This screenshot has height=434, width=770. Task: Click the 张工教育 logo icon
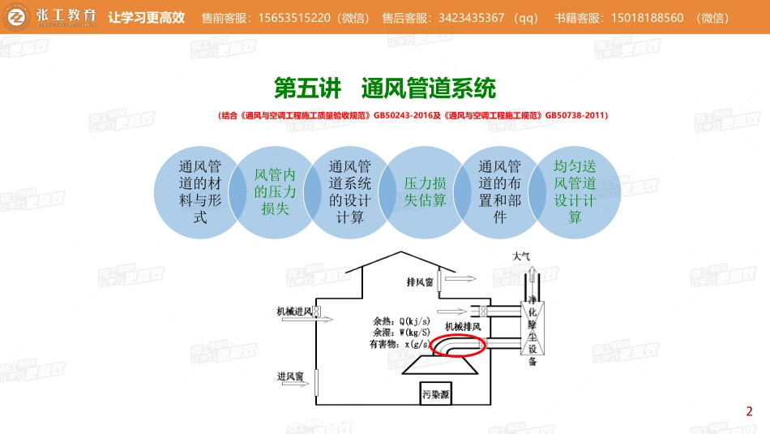click(x=16, y=17)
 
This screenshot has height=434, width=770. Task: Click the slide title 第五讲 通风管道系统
click(x=385, y=87)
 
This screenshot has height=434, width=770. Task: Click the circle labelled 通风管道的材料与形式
click(x=199, y=192)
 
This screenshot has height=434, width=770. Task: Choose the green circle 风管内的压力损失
click(x=275, y=192)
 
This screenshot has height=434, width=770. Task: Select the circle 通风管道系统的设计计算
click(x=350, y=192)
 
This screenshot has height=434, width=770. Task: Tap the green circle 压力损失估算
click(x=425, y=192)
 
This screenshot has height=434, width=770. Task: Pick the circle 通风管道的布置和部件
click(x=500, y=192)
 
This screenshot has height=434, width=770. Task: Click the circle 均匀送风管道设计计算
click(x=575, y=192)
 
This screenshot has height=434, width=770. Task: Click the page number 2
click(x=750, y=410)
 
